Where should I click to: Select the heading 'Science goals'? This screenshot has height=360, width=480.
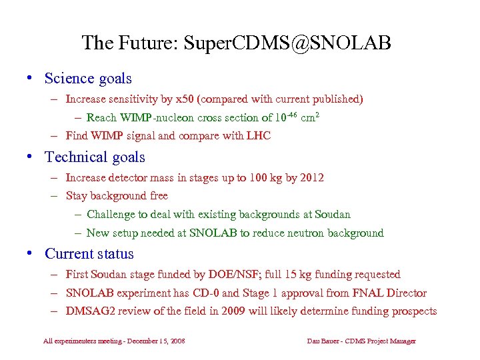tap(88, 79)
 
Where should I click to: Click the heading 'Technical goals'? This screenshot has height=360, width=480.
tap(95, 157)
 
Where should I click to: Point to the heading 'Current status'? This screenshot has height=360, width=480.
tap(89, 254)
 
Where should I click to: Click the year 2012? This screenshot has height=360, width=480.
tap(311, 177)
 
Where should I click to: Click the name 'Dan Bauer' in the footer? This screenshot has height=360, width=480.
tap(321, 341)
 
